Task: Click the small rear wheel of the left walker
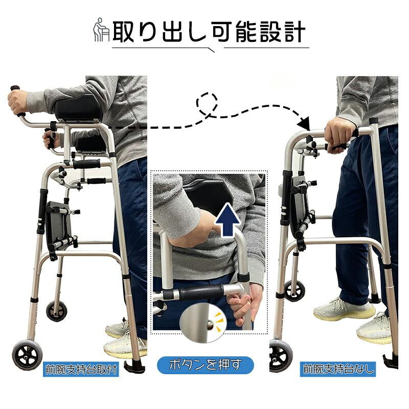pos(56,310)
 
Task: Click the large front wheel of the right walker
pos(280,355)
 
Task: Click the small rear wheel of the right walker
pos(294,290)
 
